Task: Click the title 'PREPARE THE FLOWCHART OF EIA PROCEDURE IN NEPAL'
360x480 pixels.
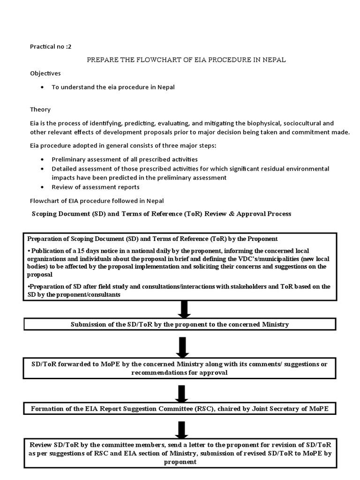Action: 186,60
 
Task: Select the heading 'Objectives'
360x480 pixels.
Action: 45,74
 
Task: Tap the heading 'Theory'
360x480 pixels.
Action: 40,109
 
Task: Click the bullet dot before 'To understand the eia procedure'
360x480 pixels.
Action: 43,88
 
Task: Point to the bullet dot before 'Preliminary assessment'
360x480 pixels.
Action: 43,159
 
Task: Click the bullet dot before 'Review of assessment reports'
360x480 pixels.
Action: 43,187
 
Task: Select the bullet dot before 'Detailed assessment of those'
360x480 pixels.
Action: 43,169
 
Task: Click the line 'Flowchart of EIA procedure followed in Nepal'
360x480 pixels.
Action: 97,201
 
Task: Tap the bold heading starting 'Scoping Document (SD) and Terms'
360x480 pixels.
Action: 161,214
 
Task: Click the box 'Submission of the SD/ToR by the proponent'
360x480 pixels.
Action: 180,324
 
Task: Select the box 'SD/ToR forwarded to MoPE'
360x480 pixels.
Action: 180,368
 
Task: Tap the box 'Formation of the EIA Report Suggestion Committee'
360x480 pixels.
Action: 180,409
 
